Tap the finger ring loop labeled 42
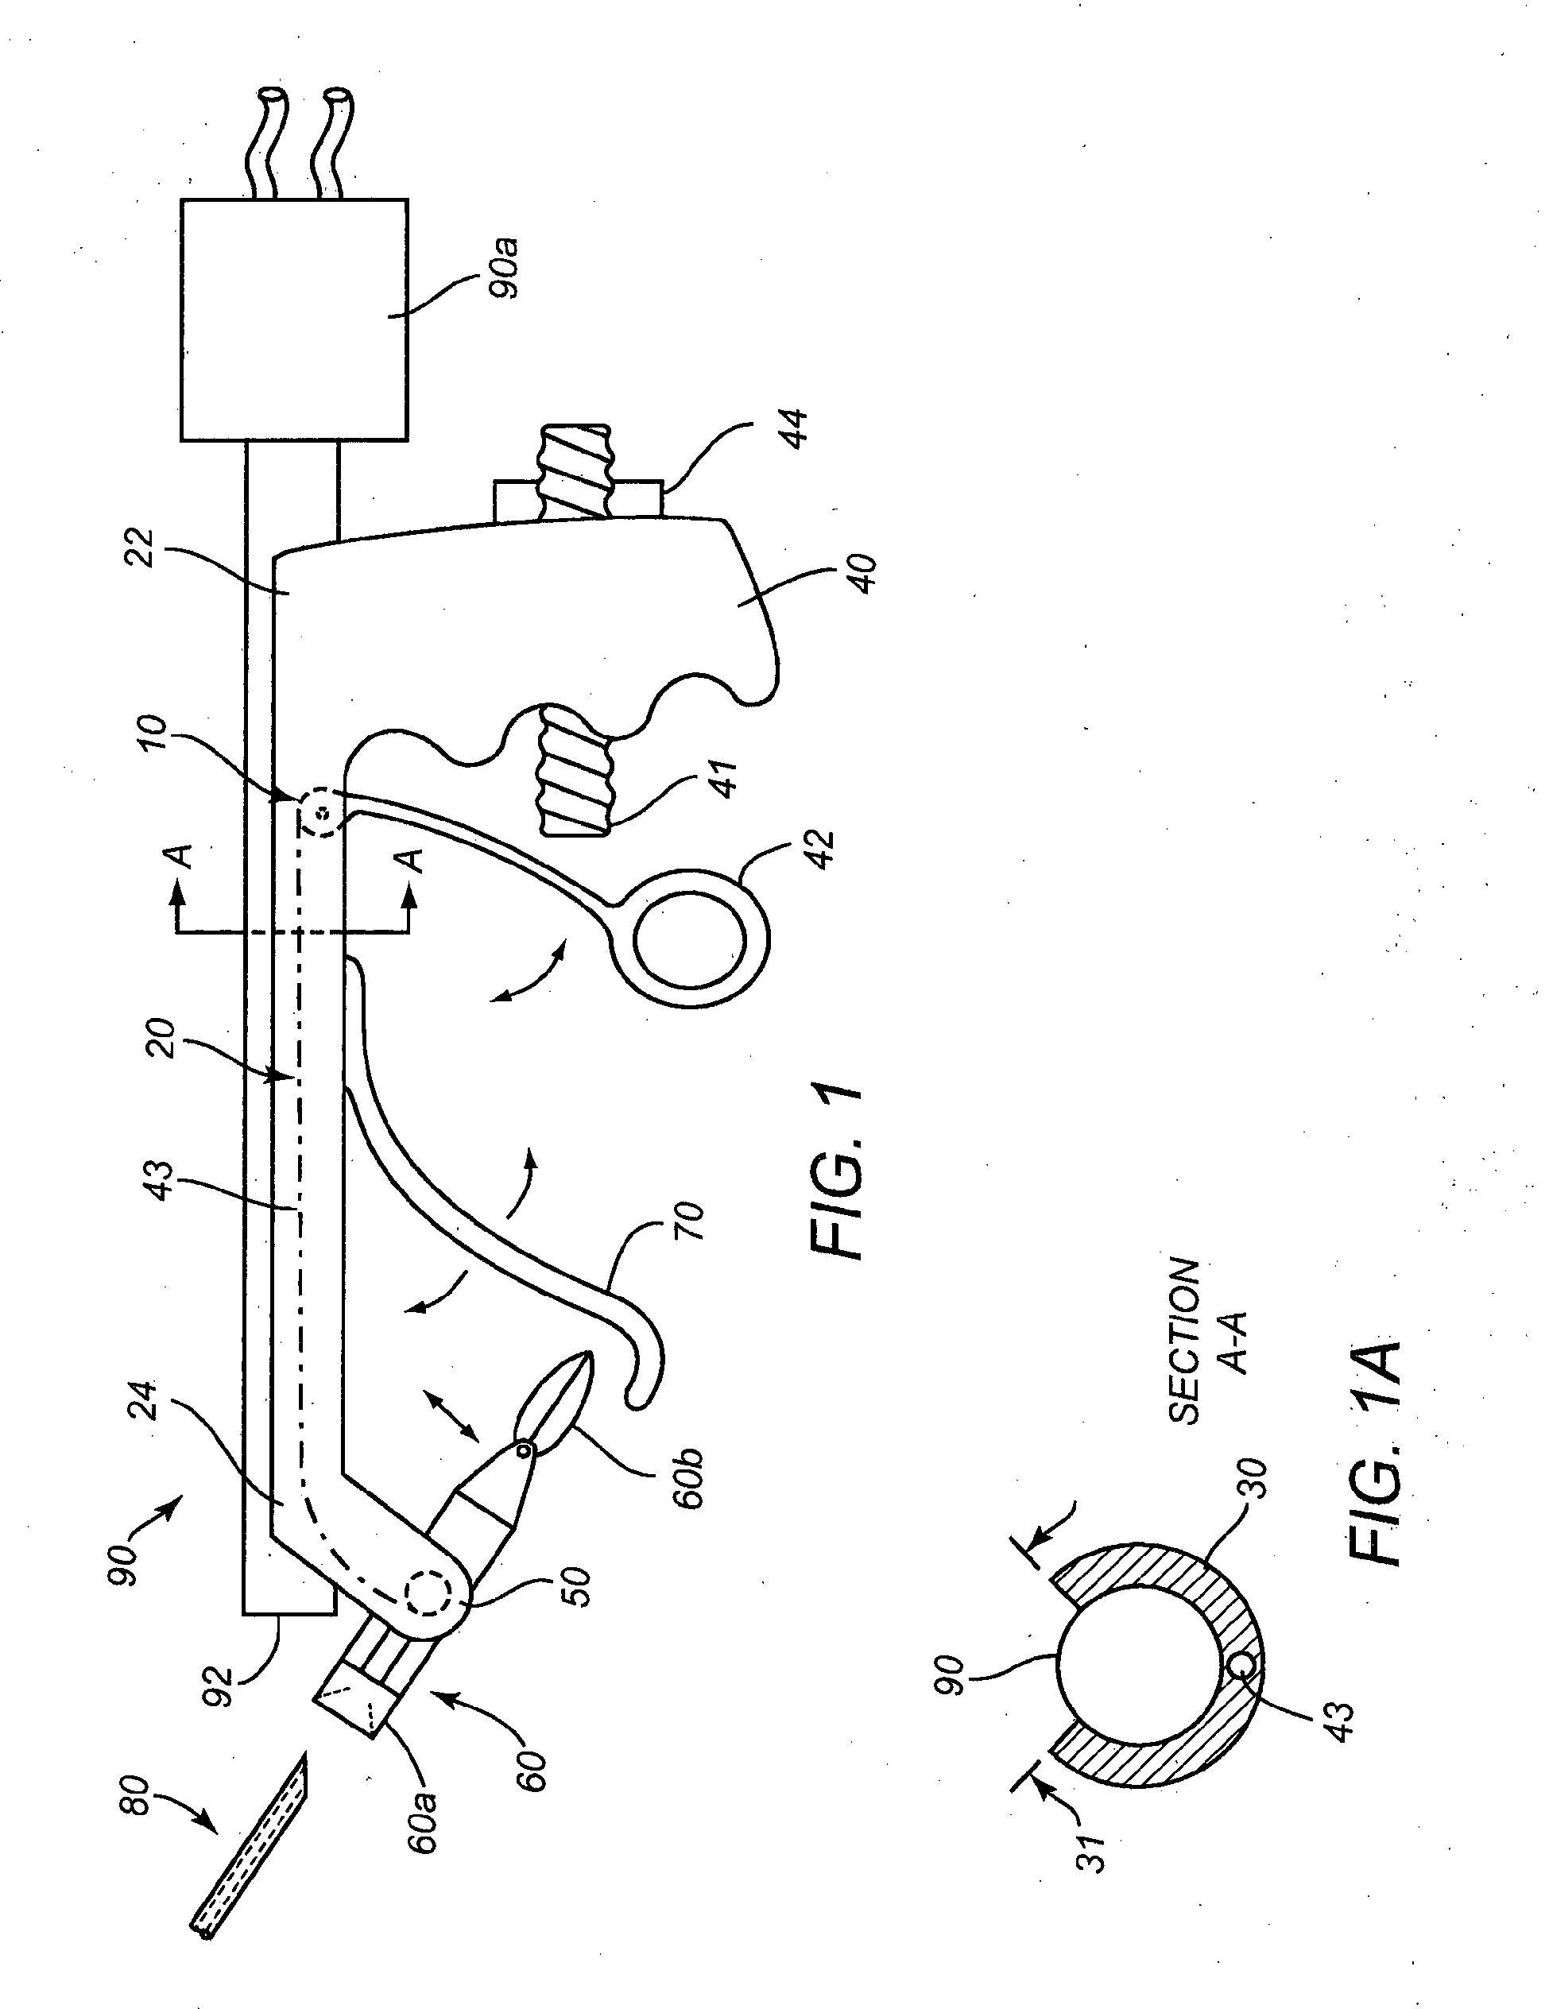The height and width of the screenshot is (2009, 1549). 689,939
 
